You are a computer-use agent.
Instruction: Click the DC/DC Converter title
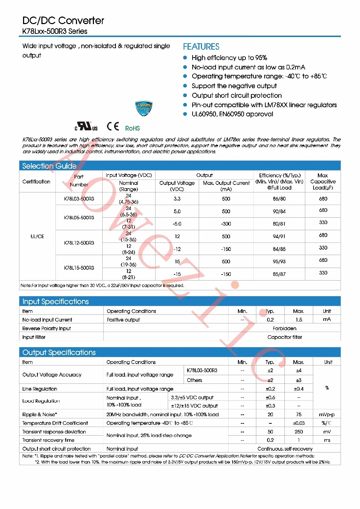(63, 21)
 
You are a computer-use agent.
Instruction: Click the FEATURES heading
(201, 47)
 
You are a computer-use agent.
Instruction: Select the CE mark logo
(113, 127)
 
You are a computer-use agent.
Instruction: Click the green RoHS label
(132, 128)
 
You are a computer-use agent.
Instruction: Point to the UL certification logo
(86, 127)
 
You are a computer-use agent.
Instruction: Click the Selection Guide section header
(49, 166)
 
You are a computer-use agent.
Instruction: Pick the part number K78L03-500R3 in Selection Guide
(79, 199)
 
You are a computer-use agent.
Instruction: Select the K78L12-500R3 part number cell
(79, 243)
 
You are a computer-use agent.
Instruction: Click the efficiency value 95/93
(279, 262)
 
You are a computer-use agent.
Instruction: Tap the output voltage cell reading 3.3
(177, 199)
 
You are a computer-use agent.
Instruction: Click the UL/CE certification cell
(37, 236)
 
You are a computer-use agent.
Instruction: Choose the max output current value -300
(226, 224)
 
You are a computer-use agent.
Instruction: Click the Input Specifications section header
(55, 301)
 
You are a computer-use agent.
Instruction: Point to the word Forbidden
(284, 328)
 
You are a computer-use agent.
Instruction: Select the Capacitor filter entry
(284, 337)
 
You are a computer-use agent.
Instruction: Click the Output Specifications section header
(59, 353)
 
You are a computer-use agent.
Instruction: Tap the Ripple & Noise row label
(40, 414)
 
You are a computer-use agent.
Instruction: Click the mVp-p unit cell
(327, 414)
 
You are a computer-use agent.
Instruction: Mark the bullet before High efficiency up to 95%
(185, 58)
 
